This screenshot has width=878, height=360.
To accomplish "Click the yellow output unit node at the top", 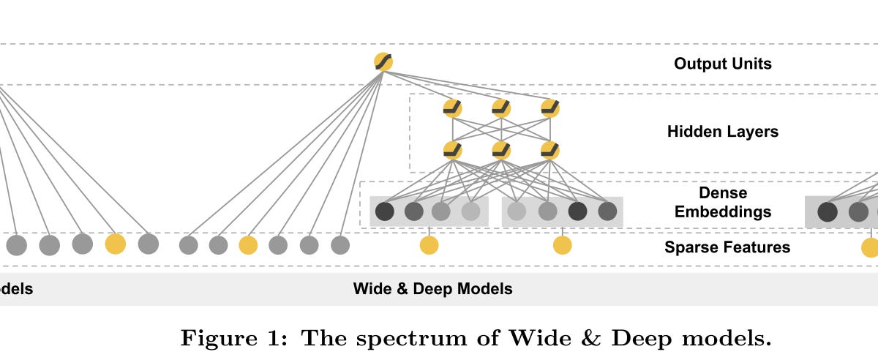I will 383,62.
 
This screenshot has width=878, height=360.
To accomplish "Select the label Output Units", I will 722,64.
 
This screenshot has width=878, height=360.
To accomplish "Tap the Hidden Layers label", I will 722,132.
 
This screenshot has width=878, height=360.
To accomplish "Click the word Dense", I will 722,193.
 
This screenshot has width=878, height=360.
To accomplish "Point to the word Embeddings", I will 722,212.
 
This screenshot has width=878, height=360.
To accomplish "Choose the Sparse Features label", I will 727,247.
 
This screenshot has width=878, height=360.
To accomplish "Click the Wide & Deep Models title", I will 432,288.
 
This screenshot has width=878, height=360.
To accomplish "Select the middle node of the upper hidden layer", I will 501,108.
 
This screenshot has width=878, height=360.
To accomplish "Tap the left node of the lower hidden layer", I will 453,151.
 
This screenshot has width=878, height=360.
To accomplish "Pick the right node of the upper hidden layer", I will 550,108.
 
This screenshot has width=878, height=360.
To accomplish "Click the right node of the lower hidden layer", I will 550,151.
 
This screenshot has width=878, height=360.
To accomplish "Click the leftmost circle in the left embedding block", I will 385,212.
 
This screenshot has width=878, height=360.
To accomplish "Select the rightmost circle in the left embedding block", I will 470,212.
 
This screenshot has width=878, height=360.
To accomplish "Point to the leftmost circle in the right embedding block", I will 517,212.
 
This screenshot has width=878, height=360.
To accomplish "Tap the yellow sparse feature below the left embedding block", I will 429,245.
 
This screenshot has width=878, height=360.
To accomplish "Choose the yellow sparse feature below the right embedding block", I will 562,245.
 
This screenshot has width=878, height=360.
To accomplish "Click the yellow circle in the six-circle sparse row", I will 248,245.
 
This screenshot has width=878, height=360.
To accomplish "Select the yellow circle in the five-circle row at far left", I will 115,244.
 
